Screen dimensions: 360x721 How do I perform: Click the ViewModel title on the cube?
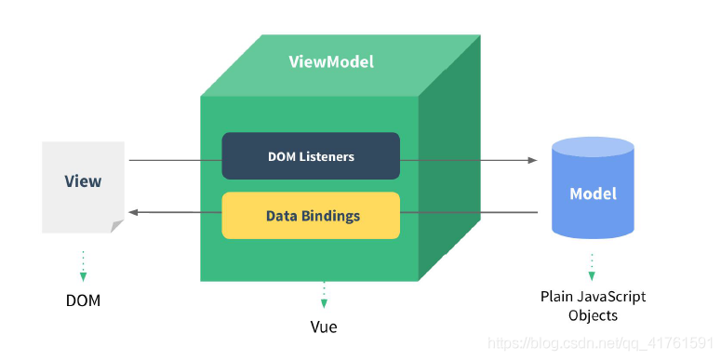click(x=330, y=62)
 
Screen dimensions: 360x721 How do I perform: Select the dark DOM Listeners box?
click(x=311, y=156)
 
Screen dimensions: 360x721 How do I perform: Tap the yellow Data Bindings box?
click(x=311, y=216)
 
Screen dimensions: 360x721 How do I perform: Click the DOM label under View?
click(x=83, y=300)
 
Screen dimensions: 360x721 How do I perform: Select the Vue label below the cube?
click(x=324, y=327)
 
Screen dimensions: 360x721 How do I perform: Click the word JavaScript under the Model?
click(x=613, y=297)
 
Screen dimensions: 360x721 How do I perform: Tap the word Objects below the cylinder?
click(x=593, y=315)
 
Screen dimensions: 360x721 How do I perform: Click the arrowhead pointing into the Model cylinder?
click(x=532, y=160)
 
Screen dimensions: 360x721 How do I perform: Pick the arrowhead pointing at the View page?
click(x=134, y=212)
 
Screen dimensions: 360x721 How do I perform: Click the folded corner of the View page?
click(x=116, y=226)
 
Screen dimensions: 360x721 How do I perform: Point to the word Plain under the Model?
click(x=557, y=297)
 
